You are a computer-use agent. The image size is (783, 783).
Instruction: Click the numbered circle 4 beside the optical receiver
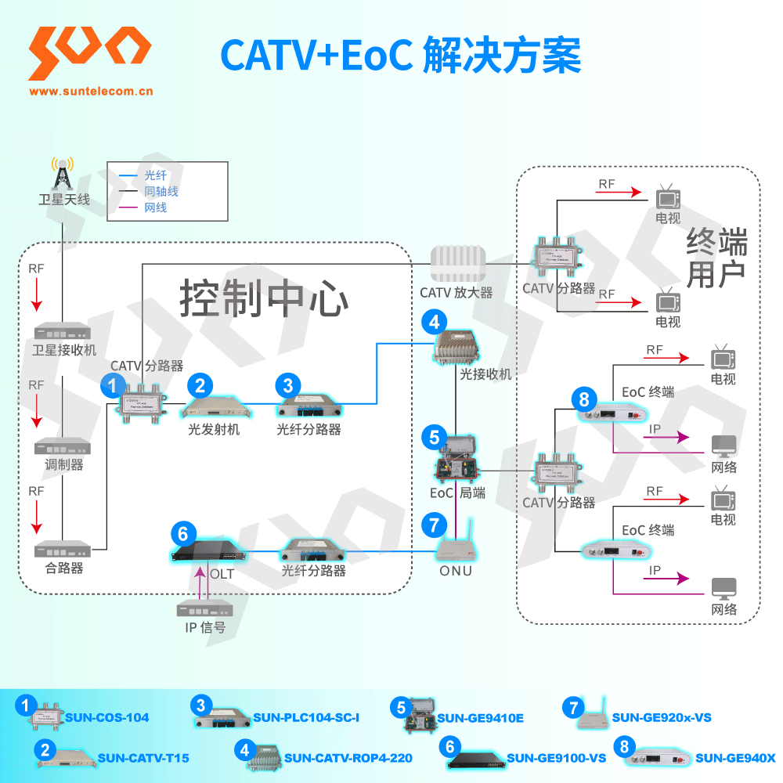pyautogui.click(x=434, y=322)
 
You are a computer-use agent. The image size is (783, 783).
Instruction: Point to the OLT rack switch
pyautogui.click(x=207, y=553)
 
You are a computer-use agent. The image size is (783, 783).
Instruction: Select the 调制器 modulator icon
pyautogui.click(x=63, y=446)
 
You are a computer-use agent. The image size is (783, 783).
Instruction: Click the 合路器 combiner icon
pyautogui.click(x=63, y=550)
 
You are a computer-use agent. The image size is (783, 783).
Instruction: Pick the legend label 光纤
pyautogui.click(x=156, y=175)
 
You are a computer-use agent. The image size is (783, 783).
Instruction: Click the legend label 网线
pyautogui.click(x=156, y=207)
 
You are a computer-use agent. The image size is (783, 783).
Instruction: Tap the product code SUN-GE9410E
pyautogui.click(x=480, y=717)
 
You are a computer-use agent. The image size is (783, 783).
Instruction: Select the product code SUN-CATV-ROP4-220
pyautogui.click(x=348, y=758)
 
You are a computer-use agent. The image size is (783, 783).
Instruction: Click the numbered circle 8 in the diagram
pyautogui.click(x=583, y=399)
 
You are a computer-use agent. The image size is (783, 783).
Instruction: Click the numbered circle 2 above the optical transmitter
pyautogui.click(x=200, y=384)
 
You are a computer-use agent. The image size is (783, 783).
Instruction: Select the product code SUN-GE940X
pyautogui.click(x=734, y=758)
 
